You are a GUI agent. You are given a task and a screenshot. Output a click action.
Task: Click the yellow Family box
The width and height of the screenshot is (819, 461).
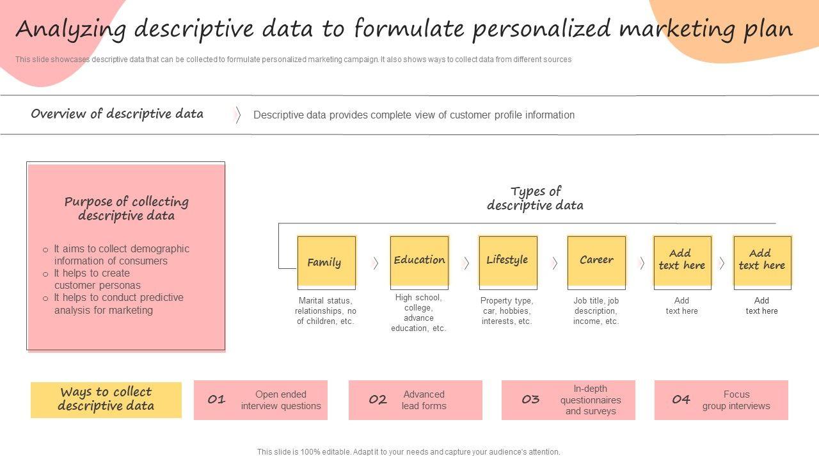click(x=326, y=261)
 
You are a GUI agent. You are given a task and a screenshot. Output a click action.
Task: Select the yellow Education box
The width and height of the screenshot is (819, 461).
click(x=419, y=260)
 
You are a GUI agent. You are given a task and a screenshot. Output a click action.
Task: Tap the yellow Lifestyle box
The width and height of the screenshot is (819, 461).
click(x=507, y=260)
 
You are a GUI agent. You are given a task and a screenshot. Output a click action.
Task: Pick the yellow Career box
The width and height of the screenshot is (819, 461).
click(x=596, y=260)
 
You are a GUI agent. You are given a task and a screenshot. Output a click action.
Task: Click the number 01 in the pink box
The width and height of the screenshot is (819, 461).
click(x=216, y=400)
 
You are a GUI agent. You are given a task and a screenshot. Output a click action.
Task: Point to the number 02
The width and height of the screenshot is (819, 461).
click(x=378, y=400)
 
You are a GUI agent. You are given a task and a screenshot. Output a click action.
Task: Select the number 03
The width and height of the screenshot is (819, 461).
click(x=530, y=400)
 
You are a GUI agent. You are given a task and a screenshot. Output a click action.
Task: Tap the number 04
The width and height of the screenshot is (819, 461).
click(x=681, y=400)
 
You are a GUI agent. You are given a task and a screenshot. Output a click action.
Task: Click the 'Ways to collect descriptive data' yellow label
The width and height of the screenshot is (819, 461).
click(x=106, y=400)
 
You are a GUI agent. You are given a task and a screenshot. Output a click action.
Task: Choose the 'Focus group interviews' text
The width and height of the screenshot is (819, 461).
click(x=736, y=400)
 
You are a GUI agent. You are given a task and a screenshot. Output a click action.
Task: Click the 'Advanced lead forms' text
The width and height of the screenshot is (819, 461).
click(x=424, y=400)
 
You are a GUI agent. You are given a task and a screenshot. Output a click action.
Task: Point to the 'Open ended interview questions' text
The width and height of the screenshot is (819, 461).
click(x=281, y=400)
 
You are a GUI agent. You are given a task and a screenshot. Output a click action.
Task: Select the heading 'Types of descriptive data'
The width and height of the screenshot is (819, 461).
click(x=536, y=198)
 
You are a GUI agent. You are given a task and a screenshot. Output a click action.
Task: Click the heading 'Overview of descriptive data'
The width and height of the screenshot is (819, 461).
click(x=117, y=114)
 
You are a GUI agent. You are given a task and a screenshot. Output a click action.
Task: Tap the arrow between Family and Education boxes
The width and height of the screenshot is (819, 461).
click(x=376, y=263)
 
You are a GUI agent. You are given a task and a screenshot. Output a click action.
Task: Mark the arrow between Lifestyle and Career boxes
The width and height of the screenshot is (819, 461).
click(x=555, y=263)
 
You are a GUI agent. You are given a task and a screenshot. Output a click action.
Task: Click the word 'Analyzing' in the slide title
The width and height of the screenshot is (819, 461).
click(x=70, y=29)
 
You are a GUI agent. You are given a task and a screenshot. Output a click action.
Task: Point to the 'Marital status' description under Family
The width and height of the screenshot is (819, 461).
click(x=325, y=311)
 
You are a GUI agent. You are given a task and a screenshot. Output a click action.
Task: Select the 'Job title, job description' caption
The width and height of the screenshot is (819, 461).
click(x=596, y=311)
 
